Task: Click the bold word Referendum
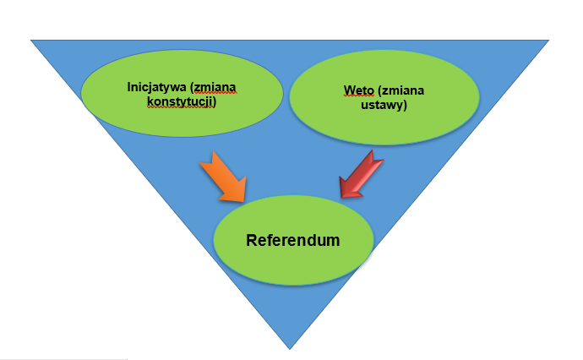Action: click(x=292, y=240)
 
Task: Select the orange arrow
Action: click(x=225, y=178)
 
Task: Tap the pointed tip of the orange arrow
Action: click(x=246, y=202)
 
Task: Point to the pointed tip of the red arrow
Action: click(x=340, y=199)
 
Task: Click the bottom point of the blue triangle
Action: click(x=290, y=348)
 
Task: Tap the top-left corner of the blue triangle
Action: click(x=31, y=40)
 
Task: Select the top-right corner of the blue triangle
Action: click(x=548, y=40)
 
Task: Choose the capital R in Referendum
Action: click(x=252, y=240)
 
